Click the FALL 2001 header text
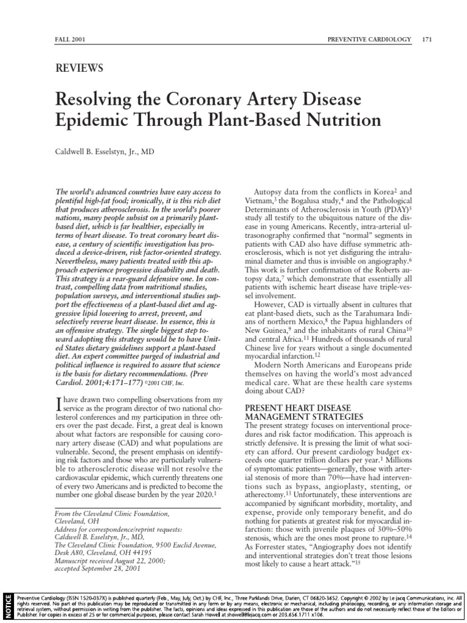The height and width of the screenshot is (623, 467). pos(69,40)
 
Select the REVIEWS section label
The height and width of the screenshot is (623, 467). pos(78,68)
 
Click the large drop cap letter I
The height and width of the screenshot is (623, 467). pos(58,401)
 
